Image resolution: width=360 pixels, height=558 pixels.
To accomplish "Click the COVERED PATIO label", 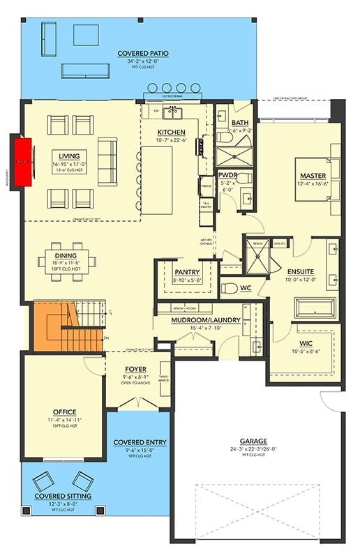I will (x=142, y=53).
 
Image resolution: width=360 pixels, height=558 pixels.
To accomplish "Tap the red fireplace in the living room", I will (x=25, y=162).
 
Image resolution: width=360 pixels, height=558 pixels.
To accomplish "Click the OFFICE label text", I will (x=63, y=412).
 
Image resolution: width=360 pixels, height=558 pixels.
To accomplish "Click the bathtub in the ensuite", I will (x=316, y=308).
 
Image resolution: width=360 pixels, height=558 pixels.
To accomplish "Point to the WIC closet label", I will (x=306, y=343).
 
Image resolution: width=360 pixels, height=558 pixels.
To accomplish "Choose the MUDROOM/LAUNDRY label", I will (x=206, y=320).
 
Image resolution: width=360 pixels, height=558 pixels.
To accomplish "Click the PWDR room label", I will (x=228, y=175).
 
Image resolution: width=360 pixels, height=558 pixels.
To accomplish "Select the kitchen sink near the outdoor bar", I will (x=172, y=111).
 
